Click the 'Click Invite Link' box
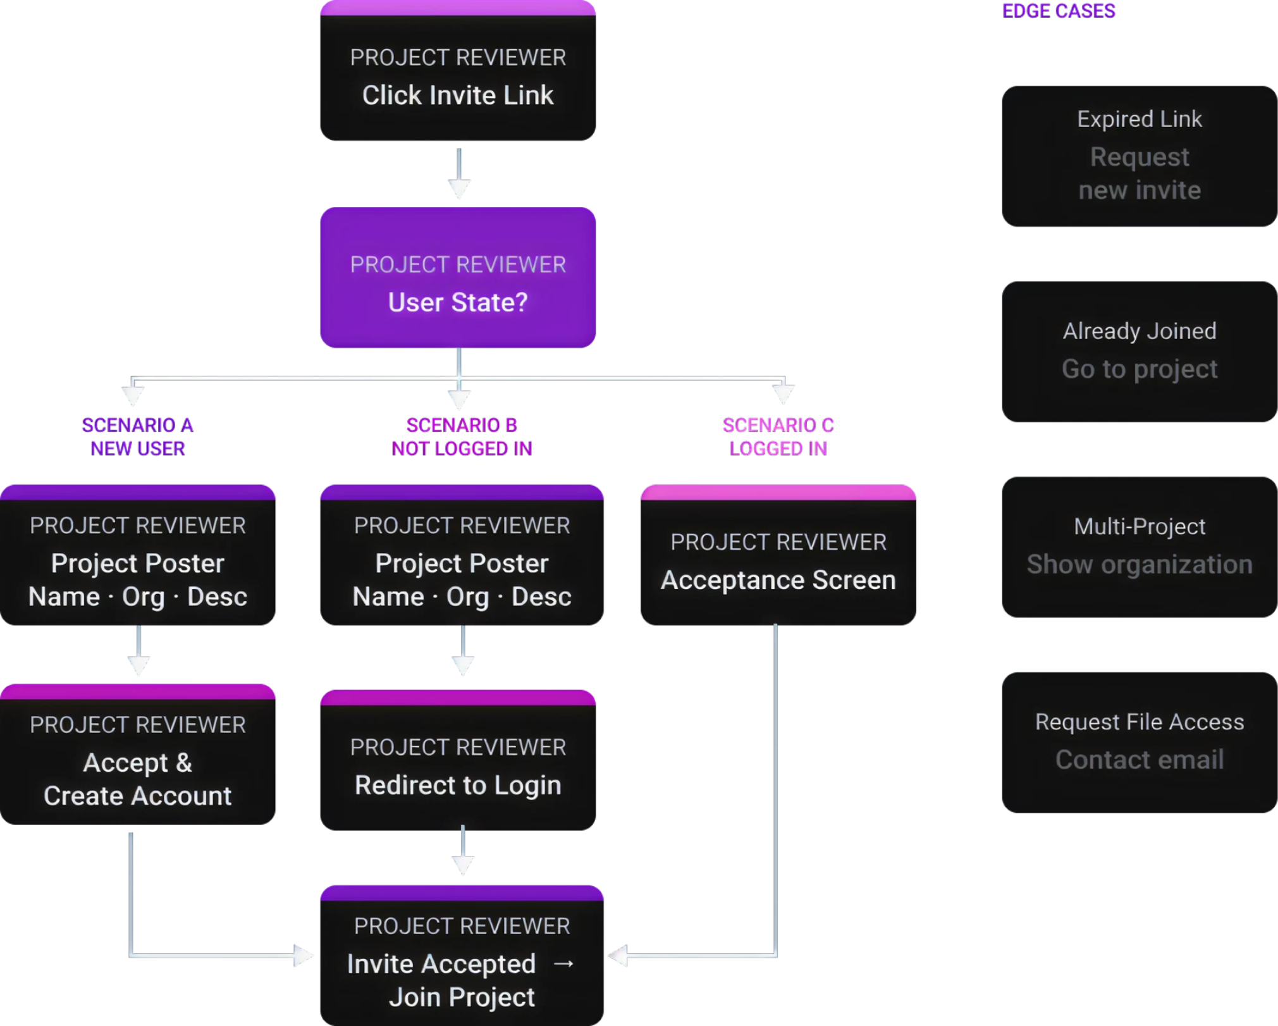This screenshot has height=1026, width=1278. (x=457, y=76)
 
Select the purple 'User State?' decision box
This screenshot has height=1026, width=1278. (x=457, y=278)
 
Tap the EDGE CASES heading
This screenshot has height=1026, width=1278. (x=1058, y=11)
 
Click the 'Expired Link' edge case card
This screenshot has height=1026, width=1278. (x=1139, y=156)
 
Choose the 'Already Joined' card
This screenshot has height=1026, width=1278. (x=1139, y=351)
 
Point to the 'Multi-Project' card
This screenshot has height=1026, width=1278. (x=1139, y=547)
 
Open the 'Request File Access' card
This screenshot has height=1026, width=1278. (x=1139, y=741)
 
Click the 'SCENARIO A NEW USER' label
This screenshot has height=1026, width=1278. (x=137, y=436)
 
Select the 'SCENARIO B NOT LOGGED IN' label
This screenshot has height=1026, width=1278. (x=462, y=436)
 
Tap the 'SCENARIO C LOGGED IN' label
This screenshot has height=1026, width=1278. (x=778, y=436)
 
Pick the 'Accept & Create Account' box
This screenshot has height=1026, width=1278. (x=137, y=759)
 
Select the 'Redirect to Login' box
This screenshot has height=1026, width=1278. (x=457, y=765)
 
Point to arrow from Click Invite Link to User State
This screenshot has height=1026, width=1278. (x=458, y=174)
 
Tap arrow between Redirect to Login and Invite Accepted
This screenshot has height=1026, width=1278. (x=462, y=851)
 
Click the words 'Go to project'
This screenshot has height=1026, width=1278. (x=1139, y=369)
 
